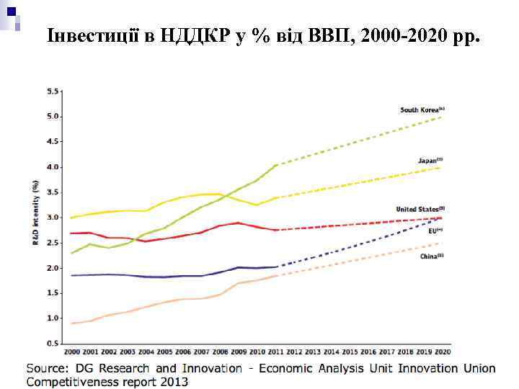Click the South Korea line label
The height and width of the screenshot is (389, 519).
[x=422, y=109]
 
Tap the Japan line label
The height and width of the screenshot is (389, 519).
[x=430, y=159]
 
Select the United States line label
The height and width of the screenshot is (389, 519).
[x=420, y=209]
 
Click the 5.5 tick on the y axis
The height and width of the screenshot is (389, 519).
[x=53, y=91]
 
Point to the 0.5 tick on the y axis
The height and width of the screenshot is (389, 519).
[x=53, y=344]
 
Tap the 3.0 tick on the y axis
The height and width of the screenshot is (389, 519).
[x=53, y=218]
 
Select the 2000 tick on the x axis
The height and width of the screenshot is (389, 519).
[x=72, y=352]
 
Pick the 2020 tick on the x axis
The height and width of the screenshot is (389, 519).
[x=443, y=352]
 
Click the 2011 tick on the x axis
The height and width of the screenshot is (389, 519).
[x=276, y=352]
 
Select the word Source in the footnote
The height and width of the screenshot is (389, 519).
[x=48, y=368]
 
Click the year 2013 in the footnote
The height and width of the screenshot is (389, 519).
[x=175, y=382]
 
